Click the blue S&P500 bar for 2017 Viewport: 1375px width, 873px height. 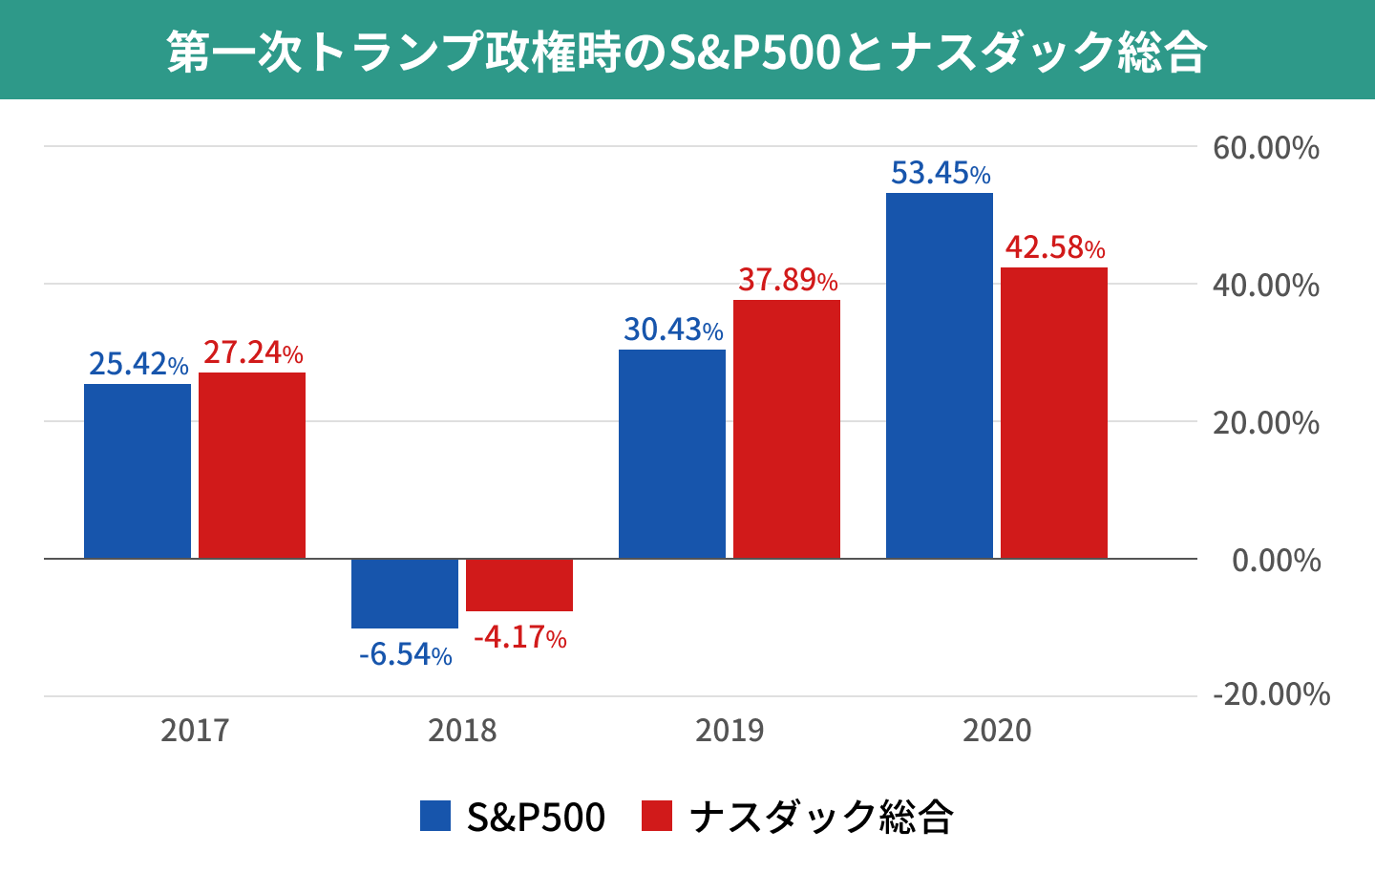137,471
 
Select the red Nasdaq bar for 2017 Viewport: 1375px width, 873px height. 252,465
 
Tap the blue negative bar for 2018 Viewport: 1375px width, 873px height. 405,593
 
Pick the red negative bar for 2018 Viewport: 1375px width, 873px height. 519,585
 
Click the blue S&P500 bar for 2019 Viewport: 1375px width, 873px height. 672,454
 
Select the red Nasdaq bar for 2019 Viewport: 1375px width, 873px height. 787,429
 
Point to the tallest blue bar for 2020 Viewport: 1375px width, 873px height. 940,375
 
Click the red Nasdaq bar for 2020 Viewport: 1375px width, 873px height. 1054,413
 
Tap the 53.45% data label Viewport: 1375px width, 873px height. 941,173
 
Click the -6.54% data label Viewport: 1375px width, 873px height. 405,654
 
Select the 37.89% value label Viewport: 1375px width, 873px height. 788,280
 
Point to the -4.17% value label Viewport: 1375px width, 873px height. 520,637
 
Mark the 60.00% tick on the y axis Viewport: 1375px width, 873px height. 1265,148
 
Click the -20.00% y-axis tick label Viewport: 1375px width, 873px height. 1271,694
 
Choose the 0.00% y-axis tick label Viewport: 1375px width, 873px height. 1276,560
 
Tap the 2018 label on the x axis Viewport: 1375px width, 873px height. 462,731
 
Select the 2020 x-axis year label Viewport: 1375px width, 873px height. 997,731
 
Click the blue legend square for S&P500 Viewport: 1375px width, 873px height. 435,816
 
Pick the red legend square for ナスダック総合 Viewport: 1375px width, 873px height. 657,816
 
